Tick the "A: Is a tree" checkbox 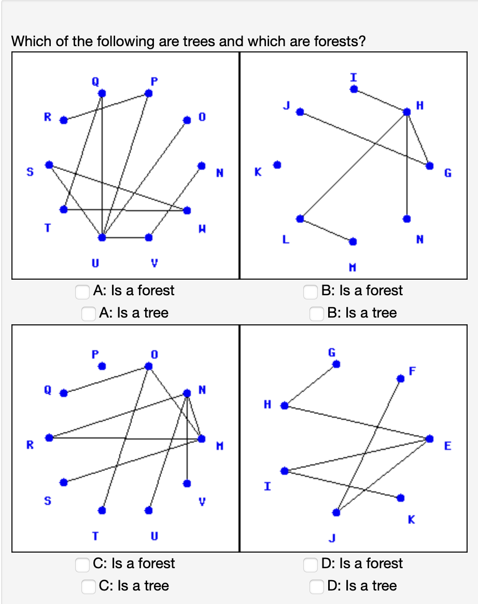(x=89, y=314)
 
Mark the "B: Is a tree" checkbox (x=317, y=314)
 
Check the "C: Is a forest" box (x=82, y=565)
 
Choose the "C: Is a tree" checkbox (x=89, y=587)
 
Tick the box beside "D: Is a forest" (x=311, y=565)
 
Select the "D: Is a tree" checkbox (x=317, y=587)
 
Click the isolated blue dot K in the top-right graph (x=277, y=164)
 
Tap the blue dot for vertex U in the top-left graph (x=102, y=237)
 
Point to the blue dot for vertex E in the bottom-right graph (x=429, y=438)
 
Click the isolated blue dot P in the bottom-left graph (x=102, y=366)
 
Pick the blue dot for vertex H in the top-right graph (x=407, y=111)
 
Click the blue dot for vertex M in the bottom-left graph (x=202, y=438)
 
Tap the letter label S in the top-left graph (x=30, y=172)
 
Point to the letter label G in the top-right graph (x=447, y=173)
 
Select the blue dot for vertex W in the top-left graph (x=187, y=210)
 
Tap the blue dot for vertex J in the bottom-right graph (x=336, y=512)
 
